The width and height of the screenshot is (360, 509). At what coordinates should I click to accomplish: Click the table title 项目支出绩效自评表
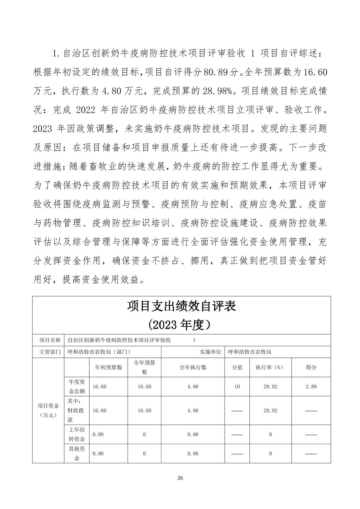pos(181,306)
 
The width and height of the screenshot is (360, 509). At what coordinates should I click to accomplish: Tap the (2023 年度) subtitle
pos(181,324)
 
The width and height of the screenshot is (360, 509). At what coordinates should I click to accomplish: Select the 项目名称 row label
pos(48,340)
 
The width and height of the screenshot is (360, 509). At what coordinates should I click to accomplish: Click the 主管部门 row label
pos(48,352)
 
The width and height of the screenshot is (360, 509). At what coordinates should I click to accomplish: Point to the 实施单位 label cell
pos(211,352)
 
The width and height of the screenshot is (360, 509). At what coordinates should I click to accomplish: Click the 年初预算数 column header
pos(109,367)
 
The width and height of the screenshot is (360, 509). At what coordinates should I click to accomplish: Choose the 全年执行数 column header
pos(193,367)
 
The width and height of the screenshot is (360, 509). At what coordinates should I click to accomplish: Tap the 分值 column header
pos(237,367)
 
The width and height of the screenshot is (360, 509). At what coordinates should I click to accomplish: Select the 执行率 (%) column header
pos(270,367)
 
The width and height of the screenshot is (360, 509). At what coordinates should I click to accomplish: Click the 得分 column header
pos(311,367)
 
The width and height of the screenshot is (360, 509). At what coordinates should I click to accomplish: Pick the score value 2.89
pos(311,386)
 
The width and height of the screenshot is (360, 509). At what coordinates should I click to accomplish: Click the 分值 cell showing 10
pos(237,386)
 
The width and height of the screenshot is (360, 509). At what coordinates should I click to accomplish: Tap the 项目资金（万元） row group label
pos(48,411)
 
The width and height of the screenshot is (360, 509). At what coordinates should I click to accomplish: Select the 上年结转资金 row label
pos(77,434)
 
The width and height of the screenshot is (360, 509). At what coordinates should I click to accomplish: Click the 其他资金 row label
pos(77,453)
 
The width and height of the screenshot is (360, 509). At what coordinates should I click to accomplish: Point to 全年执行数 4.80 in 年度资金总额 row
pos(193,386)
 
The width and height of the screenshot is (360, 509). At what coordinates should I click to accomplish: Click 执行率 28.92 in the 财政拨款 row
pos(270,411)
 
